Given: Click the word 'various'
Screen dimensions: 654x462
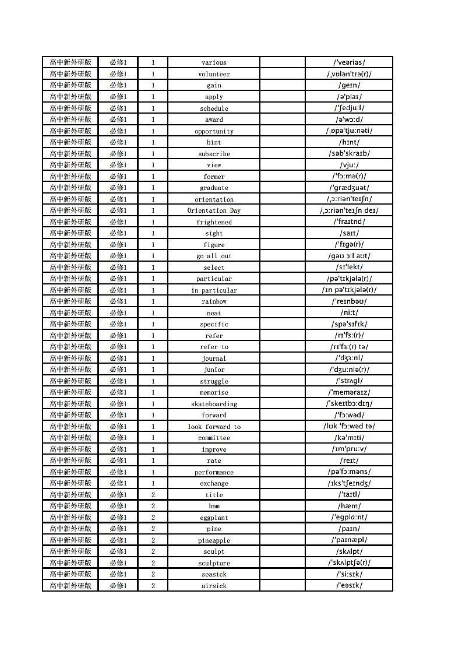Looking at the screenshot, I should click(214, 62).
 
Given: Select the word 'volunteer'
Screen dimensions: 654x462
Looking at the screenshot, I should click(214, 74).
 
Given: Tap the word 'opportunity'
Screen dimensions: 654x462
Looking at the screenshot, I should click(214, 131).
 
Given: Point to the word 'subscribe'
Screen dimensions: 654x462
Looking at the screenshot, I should click(214, 154).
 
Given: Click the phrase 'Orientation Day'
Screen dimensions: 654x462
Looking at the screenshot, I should click(214, 210).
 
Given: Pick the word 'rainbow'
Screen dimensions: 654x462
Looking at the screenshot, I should click(214, 301).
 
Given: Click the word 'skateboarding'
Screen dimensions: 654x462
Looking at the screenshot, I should click(214, 404).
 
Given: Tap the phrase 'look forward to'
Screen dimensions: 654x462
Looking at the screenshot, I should click(214, 427).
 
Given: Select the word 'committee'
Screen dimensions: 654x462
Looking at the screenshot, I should click(214, 438).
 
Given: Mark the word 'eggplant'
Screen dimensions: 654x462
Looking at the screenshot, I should click(214, 518).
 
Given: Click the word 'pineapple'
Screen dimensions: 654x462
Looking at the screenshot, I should click(214, 540).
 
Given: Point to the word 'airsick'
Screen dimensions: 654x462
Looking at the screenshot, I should click(214, 586).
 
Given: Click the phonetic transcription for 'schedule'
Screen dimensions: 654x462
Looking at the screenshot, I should click(349, 108).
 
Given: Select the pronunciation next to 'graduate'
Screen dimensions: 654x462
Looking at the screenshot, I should click(349, 188).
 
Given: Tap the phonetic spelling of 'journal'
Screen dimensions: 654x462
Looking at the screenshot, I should click(349, 358).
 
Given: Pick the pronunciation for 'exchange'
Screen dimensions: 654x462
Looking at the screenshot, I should click(349, 483).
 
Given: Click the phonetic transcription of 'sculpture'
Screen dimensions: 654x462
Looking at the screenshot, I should click(349, 562).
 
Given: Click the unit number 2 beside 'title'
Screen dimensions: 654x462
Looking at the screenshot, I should click(153, 495).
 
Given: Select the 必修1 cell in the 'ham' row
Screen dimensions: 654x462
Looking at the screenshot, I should click(118, 506).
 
